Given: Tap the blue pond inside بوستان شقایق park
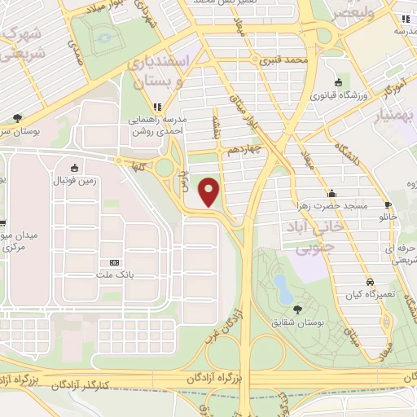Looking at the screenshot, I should pos(281,285).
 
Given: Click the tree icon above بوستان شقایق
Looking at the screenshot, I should pos(296,309).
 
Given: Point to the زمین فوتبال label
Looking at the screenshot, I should pos(99,180).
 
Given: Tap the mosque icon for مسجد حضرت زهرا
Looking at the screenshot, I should pos(331,193).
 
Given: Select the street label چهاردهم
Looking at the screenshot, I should pos(244,150).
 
